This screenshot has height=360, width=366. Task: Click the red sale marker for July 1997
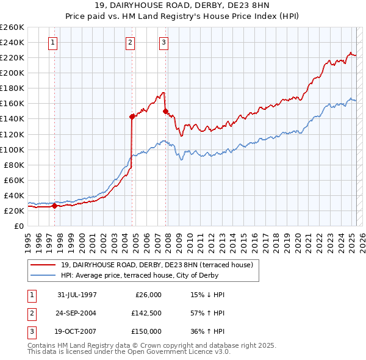tap(55, 206)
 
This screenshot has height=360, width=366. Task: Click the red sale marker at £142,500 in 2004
tap(132, 116)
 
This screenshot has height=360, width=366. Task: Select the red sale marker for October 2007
tap(165, 111)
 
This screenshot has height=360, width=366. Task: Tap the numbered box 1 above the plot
tap(53, 42)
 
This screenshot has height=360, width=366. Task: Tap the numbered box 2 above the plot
tap(131, 42)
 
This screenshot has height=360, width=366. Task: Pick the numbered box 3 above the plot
tap(164, 42)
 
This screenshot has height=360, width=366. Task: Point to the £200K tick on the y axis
tap(12, 73)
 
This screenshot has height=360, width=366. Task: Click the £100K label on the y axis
tap(12, 149)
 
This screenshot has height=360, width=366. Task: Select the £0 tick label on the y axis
tap(20, 226)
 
